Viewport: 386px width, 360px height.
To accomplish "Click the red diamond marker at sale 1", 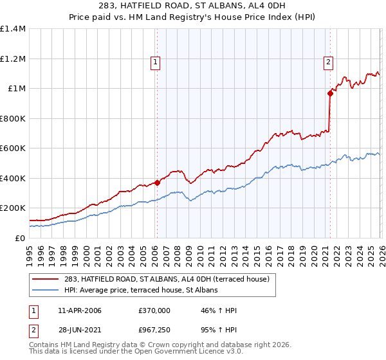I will (x=156, y=183).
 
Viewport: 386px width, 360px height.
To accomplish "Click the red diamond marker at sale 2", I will (x=330, y=93).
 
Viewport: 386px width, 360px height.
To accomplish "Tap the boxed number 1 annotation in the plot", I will (x=156, y=62).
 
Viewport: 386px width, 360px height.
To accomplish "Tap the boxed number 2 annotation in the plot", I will (x=328, y=62).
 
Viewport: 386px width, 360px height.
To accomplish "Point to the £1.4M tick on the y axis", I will (x=13, y=29).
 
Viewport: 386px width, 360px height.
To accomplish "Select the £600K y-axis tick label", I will (x=13, y=148).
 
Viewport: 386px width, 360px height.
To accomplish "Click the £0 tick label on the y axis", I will (x=19, y=238).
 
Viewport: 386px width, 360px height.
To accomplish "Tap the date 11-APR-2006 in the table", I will (x=79, y=311).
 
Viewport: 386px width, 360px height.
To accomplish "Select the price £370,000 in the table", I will (x=154, y=311).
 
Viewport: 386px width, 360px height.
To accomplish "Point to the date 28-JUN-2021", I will (x=78, y=330).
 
